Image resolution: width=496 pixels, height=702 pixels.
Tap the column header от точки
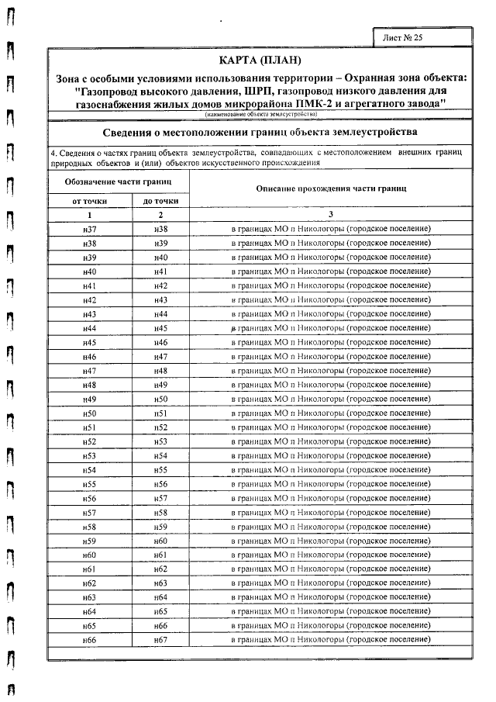pyautogui.click(x=90, y=201)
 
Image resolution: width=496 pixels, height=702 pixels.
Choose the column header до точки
pyautogui.click(x=160, y=201)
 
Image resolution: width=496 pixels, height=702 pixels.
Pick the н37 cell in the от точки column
pyautogui.click(x=90, y=230)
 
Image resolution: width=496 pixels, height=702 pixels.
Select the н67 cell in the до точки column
pyautogui.click(x=160, y=639)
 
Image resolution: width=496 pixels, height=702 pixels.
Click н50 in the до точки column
pyautogui.click(x=160, y=399)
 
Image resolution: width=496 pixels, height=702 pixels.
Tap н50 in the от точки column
pyautogui.click(x=90, y=413)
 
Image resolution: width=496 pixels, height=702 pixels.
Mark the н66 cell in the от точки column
pyautogui.click(x=90, y=639)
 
